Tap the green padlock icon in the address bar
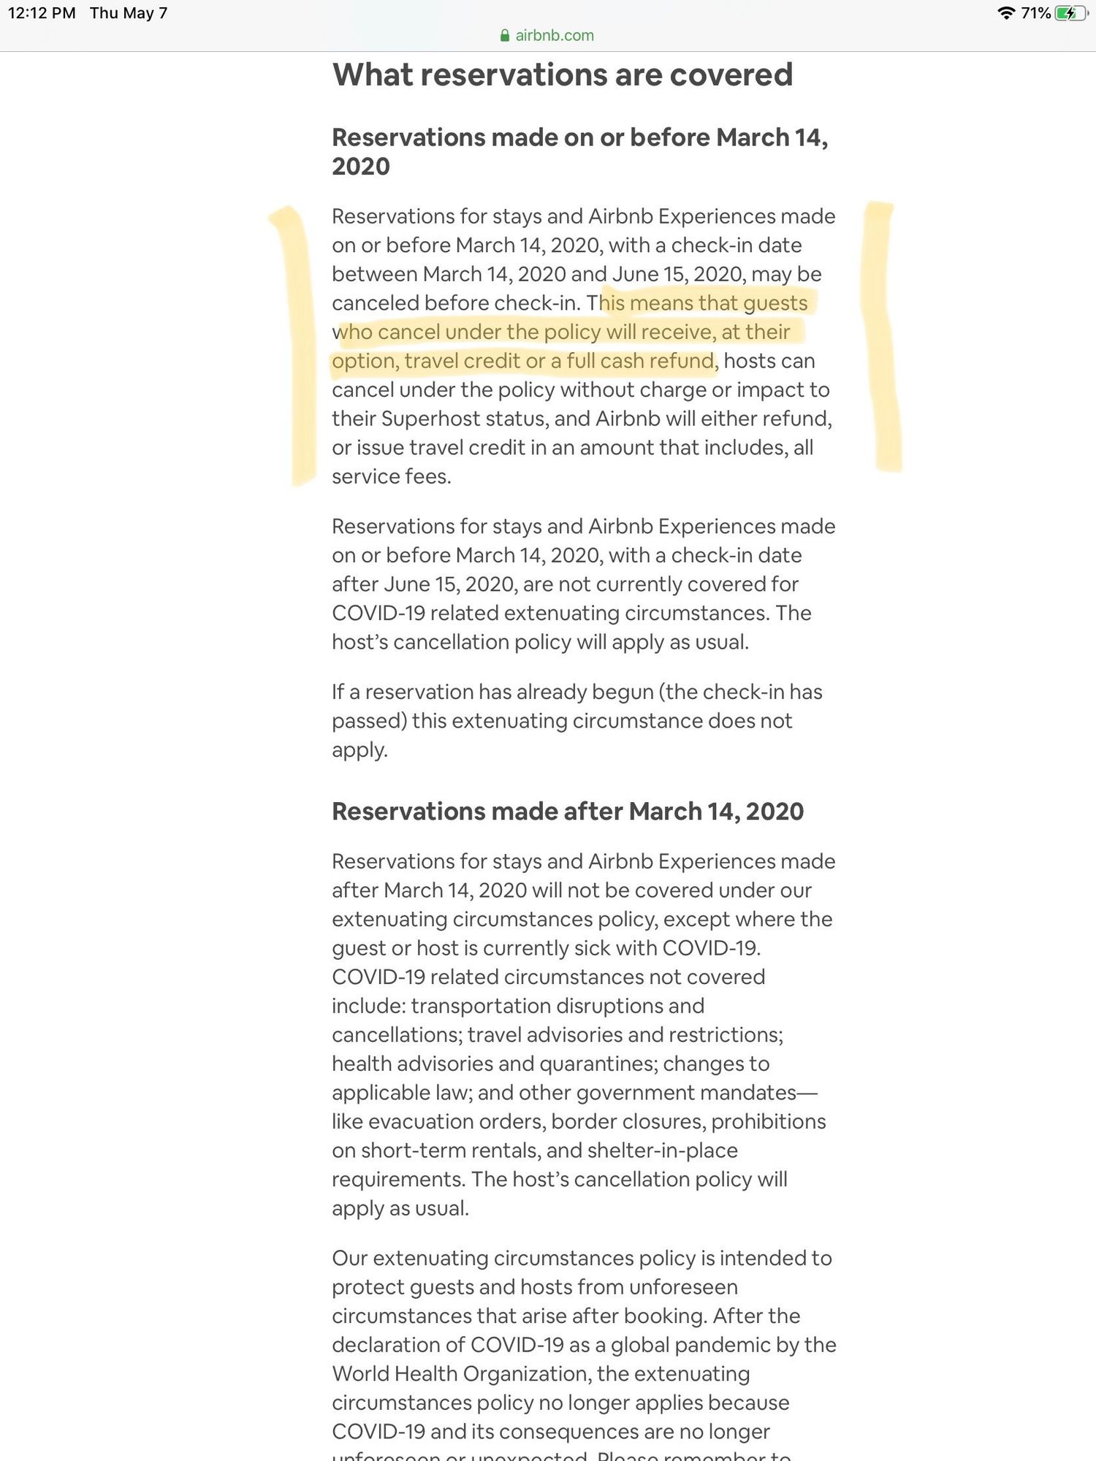(x=504, y=35)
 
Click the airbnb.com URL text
(x=555, y=35)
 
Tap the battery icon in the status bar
(x=1070, y=13)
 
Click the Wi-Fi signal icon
(x=1006, y=13)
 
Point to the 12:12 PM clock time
(x=42, y=13)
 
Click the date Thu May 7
(x=129, y=13)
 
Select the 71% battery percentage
(x=1035, y=13)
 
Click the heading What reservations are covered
(x=562, y=75)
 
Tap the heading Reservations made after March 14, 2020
(x=567, y=811)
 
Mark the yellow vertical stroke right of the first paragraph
(x=882, y=336)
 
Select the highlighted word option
(x=363, y=361)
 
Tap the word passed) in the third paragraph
(x=369, y=721)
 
